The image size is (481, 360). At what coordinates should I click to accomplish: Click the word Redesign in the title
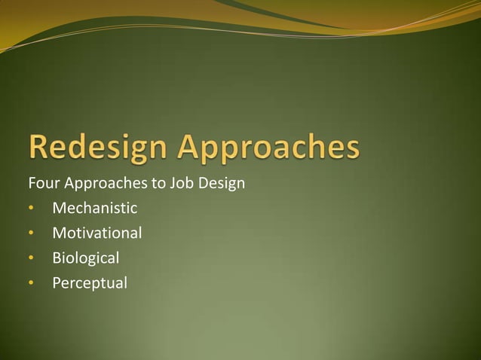pyautogui.click(x=97, y=148)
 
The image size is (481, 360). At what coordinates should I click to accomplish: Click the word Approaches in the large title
pyautogui.click(x=268, y=148)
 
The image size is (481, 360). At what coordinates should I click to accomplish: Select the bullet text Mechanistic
pyautogui.click(x=94, y=208)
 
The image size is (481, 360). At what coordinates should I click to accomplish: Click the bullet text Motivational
pyautogui.click(x=97, y=233)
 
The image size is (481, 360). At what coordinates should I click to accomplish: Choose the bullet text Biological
pyautogui.click(x=85, y=258)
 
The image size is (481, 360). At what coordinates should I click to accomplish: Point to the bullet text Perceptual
pyautogui.click(x=90, y=283)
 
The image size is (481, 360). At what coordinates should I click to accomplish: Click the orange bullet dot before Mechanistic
pyautogui.click(x=31, y=209)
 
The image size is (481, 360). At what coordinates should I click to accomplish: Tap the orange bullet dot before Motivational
pyautogui.click(x=31, y=233)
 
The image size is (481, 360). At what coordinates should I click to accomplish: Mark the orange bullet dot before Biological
pyautogui.click(x=31, y=258)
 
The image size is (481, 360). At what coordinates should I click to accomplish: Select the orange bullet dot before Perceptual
pyautogui.click(x=31, y=283)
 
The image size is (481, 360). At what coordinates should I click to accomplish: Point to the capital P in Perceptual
pyautogui.click(x=57, y=282)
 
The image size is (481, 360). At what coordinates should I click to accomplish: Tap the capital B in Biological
pyautogui.click(x=57, y=258)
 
